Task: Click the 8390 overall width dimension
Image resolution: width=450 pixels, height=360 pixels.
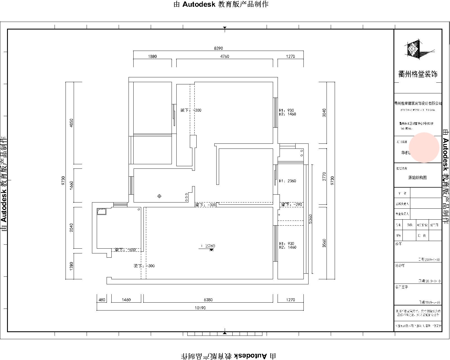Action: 218,48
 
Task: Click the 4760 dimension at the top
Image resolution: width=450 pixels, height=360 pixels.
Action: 224,56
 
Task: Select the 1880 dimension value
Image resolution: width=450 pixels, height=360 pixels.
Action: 152,56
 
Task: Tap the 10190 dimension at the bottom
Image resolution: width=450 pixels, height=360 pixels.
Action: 200,308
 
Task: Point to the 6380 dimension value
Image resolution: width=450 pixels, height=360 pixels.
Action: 208,300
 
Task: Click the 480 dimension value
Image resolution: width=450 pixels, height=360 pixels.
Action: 102,300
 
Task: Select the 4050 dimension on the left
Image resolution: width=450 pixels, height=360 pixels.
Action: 71,123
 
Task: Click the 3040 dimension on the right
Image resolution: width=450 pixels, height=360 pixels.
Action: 324,113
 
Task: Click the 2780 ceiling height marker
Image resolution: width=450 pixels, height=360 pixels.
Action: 210,246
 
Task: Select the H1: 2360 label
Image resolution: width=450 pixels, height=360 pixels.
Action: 287,181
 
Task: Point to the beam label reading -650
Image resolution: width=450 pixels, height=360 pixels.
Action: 125,250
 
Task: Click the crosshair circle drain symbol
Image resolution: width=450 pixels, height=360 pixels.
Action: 159,196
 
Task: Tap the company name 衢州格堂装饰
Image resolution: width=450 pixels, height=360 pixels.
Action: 418,74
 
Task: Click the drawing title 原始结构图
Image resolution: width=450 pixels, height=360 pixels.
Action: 417,177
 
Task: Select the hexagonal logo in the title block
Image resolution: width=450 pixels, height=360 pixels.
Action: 414,50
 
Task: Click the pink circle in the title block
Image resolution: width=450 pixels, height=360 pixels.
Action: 424,147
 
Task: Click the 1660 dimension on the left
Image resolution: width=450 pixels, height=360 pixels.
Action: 71,185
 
